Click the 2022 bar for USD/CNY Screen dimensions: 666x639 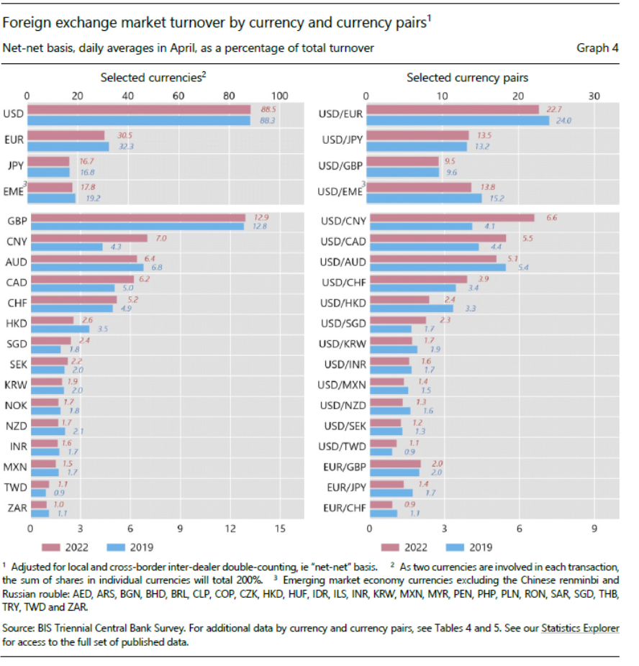[451, 218]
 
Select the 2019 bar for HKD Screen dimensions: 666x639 [60, 329]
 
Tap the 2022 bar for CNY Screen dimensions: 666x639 [89, 238]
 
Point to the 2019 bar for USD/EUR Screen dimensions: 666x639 [458, 120]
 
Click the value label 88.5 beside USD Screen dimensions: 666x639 [268, 109]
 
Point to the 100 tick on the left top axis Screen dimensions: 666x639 [279, 96]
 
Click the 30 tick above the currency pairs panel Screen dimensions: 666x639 [594, 96]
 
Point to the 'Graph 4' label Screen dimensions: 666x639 [597, 48]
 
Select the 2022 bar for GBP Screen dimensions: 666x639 [137, 218]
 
